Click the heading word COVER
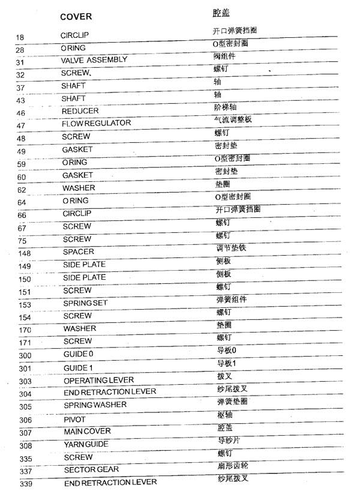pos(76,16)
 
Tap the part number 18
pos(20,38)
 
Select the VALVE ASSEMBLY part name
pos(94,60)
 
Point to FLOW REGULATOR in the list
pos(97,124)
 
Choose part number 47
pos(22,126)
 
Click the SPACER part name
pos(79,252)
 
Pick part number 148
pos(25,253)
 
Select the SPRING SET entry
pos(86,303)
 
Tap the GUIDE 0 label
pos(78,354)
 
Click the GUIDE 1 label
pos(78,367)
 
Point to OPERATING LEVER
pos(98,381)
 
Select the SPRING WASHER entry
pos(95,405)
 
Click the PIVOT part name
pos(75,420)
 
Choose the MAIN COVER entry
pos(87,432)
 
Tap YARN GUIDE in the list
pos(86,444)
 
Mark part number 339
pos(25,484)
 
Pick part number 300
pos(25,356)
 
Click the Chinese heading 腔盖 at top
pos(221,13)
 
